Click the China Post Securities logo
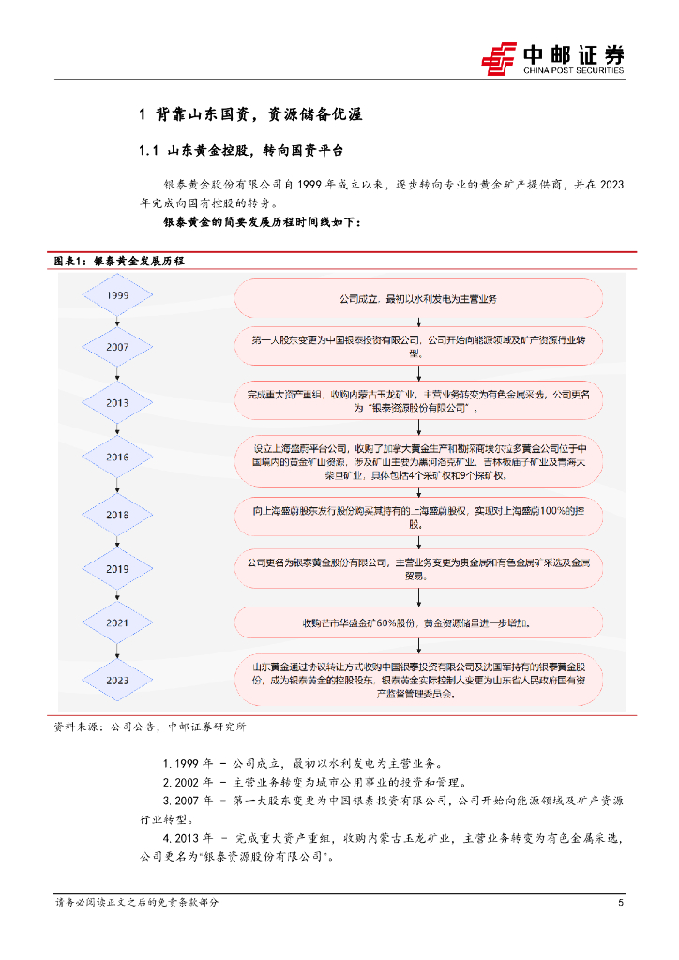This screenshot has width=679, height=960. [553, 58]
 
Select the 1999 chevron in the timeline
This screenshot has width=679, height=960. [118, 296]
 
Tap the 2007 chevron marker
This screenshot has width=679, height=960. [118, 347]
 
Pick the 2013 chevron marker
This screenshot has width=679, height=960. [118, 401]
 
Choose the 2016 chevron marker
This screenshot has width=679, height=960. [118, 457]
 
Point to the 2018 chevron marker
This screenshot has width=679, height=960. [118, 515]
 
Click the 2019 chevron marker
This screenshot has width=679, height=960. [118, 568]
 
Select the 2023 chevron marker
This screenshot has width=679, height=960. [118, 680]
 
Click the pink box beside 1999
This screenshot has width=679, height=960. [417, 298]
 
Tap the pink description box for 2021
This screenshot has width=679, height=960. [417, 622]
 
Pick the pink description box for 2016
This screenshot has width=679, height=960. [417, 457]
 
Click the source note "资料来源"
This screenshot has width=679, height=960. [150, 725]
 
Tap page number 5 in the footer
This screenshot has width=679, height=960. [621, 902]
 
